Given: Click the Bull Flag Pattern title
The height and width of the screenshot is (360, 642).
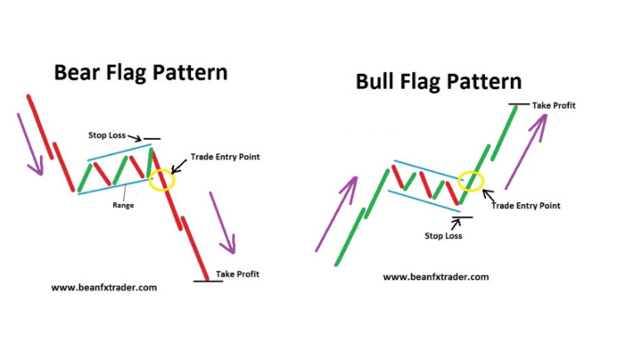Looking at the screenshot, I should (439, 82).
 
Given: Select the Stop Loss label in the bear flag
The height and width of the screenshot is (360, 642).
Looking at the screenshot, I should (108, 135).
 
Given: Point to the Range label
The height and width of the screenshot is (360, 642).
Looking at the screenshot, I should (124, 205).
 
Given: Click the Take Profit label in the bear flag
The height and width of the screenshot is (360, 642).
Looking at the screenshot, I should (237, 274).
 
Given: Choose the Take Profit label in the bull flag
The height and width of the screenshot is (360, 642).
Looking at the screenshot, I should (554, 105).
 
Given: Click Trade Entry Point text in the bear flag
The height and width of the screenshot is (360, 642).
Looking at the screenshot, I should (225, 157).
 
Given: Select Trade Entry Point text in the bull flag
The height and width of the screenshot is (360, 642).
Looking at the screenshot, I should (525, 206).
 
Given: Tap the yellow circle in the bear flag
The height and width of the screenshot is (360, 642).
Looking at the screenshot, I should (163, 178).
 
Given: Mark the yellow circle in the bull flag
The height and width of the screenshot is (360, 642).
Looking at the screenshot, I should (470, 180).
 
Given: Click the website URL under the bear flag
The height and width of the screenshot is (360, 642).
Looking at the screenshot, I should (103, 288).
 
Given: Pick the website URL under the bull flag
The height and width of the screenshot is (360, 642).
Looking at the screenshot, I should (436, 277).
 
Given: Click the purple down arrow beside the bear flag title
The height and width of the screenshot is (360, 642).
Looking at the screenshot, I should (33, 145).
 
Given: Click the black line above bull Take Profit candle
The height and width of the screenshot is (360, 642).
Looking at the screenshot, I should (514, 104).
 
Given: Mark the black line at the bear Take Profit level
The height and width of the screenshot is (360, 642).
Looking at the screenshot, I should (209, 281).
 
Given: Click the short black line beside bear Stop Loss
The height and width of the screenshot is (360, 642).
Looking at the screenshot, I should (152, 139).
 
